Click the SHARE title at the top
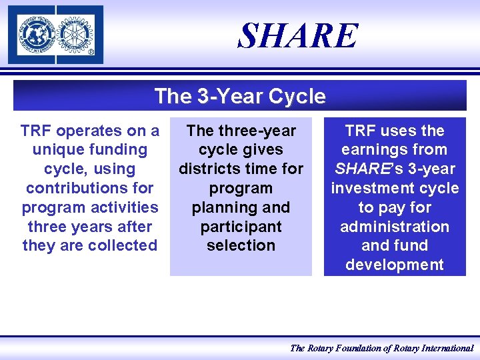298,36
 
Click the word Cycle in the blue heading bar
297,97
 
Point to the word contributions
89,188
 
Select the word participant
241,227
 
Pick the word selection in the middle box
241,245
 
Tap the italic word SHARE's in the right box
364,169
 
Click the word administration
395,227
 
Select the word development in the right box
395,265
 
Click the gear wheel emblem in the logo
78,33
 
